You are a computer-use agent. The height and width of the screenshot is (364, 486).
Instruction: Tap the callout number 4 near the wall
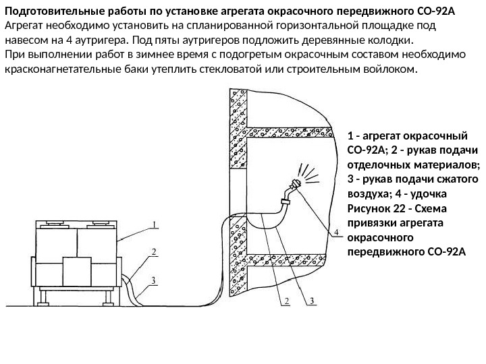click(x=336, y=233)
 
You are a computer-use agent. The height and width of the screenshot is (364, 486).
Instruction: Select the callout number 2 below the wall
click(x=286, y=301)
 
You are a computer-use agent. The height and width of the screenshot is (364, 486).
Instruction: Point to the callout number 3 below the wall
click(x=312, y=301)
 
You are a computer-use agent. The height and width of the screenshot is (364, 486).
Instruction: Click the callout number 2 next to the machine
click(x=155, y=252)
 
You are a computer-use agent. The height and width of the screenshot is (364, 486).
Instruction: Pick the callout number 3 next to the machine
click(x=155, y=279)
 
